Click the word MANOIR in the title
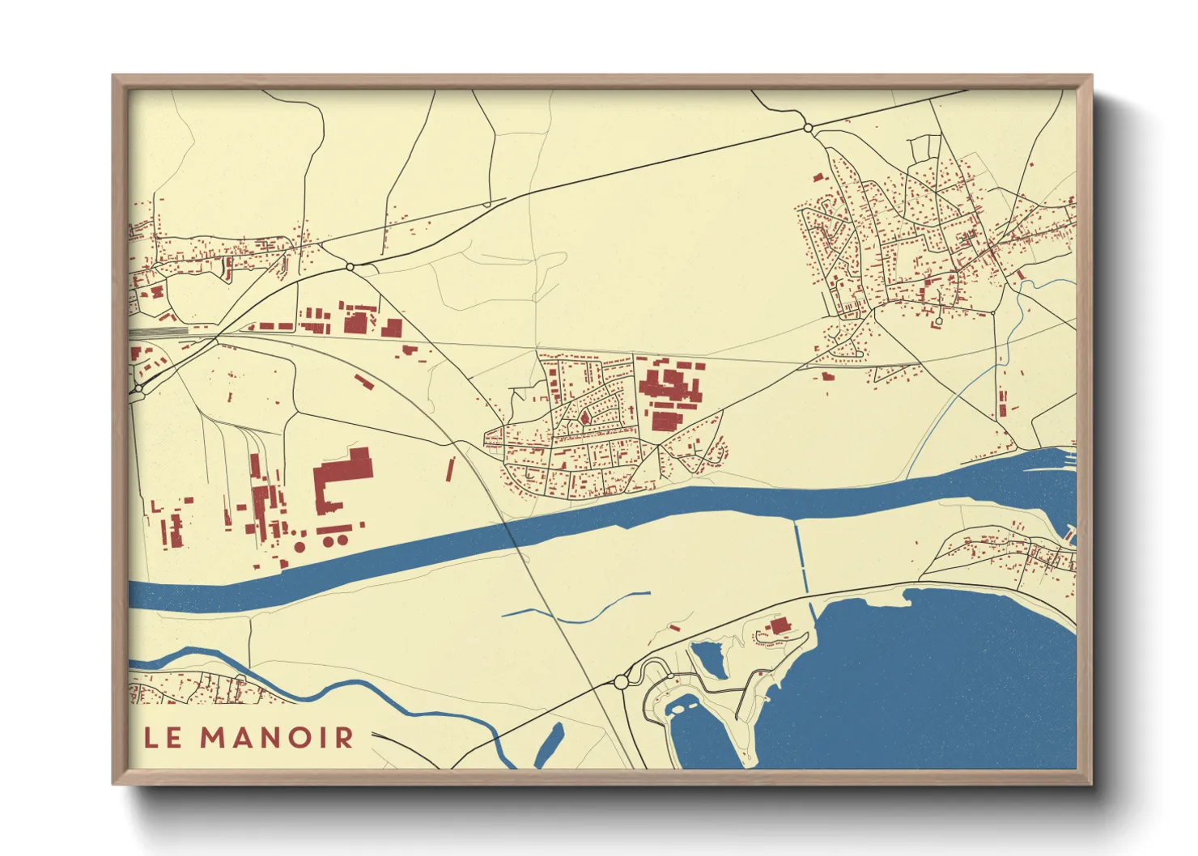tap(277, 737)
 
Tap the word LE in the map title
tap(162, 737)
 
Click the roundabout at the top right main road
tap(807, 128)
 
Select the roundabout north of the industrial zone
tap(350, 266)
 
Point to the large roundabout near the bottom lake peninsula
tap(621, 682)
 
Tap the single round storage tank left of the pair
tap(299, 547)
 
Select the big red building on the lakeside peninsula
tap(779, 625)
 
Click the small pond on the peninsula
tap(709, 659)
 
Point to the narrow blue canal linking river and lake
tap(801, 558)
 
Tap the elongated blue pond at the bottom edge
tap(550, 744)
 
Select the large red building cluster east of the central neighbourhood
tap(670, 392)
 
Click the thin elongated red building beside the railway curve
tap(451, 469)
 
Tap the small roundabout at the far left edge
tap(139, 389)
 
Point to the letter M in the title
tap(213, 737)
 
